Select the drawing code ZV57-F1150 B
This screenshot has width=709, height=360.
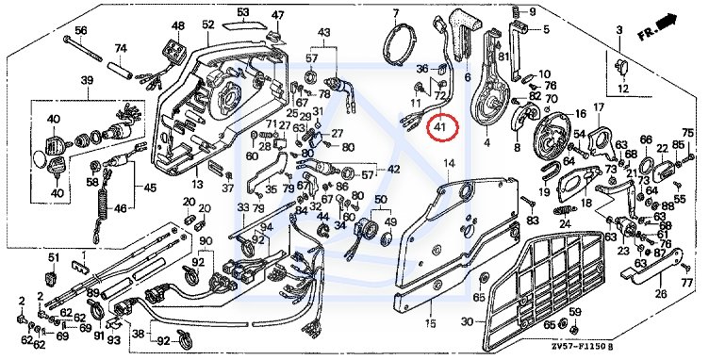[x=583, y=347]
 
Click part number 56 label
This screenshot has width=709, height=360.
[x=81, y=30]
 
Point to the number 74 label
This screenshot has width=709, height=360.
[x=121, y=48]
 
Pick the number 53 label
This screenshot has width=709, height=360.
[x=243, y=11]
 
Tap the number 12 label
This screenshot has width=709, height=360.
[x=623, y=89]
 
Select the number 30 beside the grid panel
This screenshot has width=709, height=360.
[x=468, y=322]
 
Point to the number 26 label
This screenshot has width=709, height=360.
[x=661, y=294]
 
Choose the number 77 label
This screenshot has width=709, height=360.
[x=686, y=284]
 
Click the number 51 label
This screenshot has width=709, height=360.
[x=55, y=258]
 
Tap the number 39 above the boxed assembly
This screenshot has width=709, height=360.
[x=88, y=80]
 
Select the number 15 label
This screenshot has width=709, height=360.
[x=430, y=323]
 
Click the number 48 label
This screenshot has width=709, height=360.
[x=178, y=25]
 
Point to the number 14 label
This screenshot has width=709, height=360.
[x=449, y=164]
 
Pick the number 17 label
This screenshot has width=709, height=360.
[x=599, y=107]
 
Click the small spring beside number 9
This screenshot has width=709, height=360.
[x=515, y=11]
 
